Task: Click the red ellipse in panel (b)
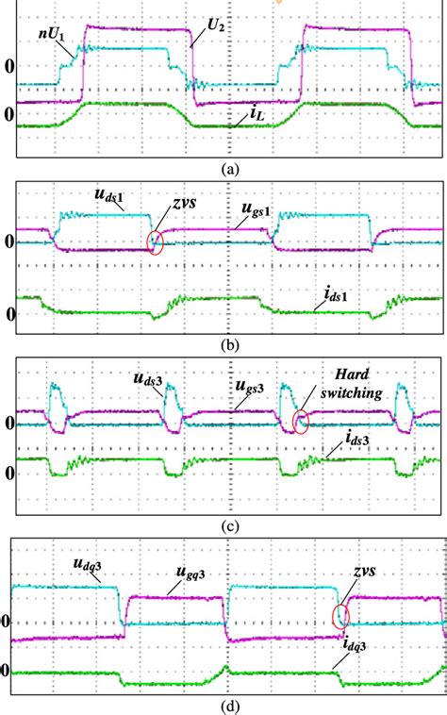click(x=156, y=243)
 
